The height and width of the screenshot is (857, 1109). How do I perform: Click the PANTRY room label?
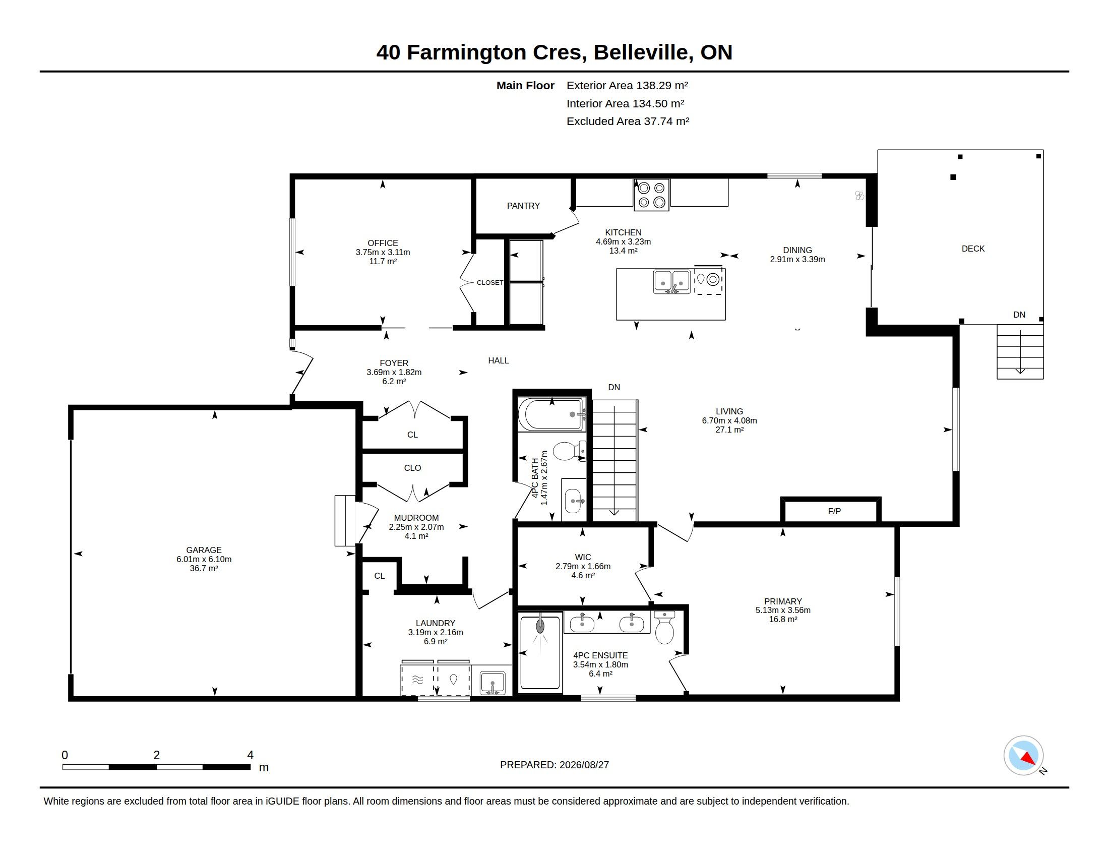click(x=523, y=206)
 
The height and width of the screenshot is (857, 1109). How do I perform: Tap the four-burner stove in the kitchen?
click(x=651, y=195)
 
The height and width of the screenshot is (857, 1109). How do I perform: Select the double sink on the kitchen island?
click(x=672, y=282)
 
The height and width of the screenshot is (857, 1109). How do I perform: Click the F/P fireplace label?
click(x=834, y=511)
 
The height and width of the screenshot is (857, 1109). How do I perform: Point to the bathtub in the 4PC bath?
click(x=552, y=415)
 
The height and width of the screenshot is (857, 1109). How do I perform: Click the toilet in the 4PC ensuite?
click(x=665, y=628)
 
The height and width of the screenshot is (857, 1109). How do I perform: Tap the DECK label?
click(x=973, y=249)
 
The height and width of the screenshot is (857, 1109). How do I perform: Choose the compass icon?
click(x=1024, y=756)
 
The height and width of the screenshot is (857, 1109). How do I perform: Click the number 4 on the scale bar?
click(x=251, y=755)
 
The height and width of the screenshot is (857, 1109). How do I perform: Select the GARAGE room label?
click(x=204, y=550)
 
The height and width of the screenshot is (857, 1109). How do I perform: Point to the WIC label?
click(x=583, y=557)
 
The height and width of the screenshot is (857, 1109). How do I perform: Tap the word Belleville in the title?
click(x=643, y=52)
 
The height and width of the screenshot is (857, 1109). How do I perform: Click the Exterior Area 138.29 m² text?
click(x=627, y=85)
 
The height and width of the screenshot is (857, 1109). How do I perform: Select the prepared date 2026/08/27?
click(x=584, y=765)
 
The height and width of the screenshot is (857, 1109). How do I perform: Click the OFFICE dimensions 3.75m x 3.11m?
click(x=383, y=253)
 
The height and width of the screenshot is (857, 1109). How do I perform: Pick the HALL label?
click(x=498, y=360)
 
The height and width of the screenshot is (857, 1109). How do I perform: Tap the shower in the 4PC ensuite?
click(x=540, y=652)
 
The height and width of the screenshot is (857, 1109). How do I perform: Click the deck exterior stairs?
click(x=1020, y=351)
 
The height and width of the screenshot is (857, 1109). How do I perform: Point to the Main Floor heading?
click(x=525, y=85)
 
